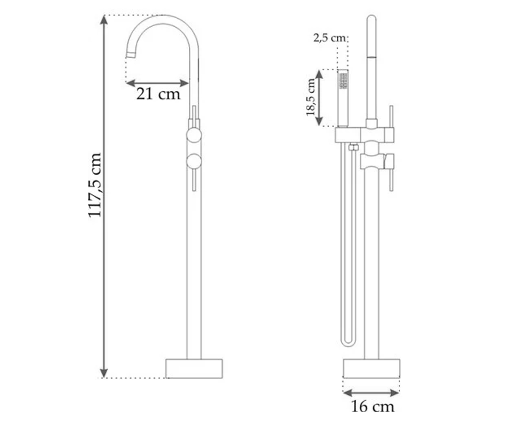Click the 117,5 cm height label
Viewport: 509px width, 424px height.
[95, 184]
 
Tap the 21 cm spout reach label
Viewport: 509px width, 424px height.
[158, 94]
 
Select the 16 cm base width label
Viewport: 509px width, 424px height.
[372, 407]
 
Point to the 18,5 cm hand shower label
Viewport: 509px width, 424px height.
[311, 97]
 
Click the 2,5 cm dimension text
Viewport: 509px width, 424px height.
[329, 38]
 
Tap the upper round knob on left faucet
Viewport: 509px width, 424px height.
[194, 135]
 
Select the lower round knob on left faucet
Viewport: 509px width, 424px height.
[194, 162]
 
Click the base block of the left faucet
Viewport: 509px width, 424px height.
[194, 368]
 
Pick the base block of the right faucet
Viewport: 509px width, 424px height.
[372, 368]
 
